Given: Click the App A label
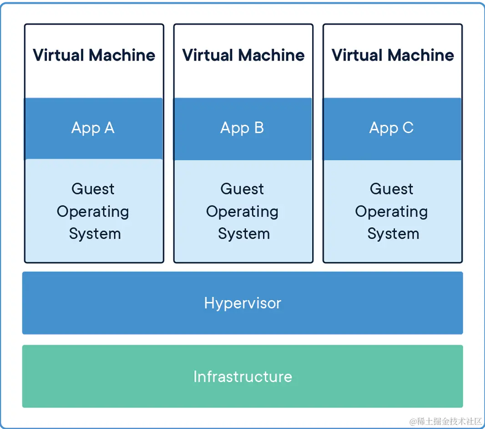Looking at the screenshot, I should pos(93,128).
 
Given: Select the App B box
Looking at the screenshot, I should pos(243,129).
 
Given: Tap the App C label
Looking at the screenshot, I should pos(391,128).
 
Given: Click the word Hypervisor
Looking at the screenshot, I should pos(242,303).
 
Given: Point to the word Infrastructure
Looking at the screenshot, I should pos(242,377).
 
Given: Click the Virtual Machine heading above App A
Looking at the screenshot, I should pos(94,55).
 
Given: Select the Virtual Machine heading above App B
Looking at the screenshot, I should pos(243,55).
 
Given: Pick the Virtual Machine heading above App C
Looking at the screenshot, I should pos(393,55).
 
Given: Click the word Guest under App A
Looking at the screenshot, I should pos(93,189).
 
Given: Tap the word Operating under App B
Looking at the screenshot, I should pos(242,212).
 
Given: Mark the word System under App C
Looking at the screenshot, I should pos(393,234).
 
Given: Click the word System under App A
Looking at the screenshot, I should pos(95,234).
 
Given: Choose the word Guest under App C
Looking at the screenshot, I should pos(391,189).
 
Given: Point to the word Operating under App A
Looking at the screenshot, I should pos(93,212).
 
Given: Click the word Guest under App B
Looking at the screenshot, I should pos(242,189).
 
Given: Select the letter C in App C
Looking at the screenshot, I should pos(408,128).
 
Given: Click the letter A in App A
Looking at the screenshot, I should pos(109,128).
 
